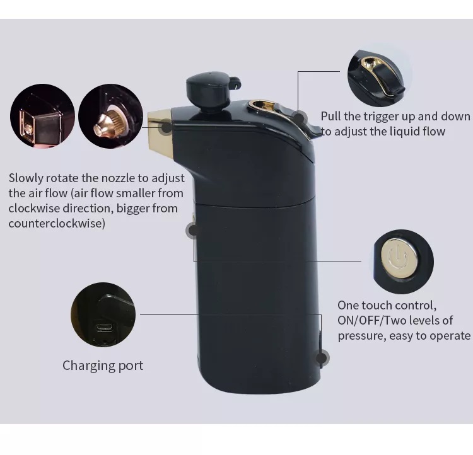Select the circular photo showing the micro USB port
[103, 315]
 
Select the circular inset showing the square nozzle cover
[42, 117]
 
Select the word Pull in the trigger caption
[332, 116]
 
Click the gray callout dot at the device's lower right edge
[322, 358]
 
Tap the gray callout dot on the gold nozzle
[166, 128]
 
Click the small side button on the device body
[192, 230]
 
